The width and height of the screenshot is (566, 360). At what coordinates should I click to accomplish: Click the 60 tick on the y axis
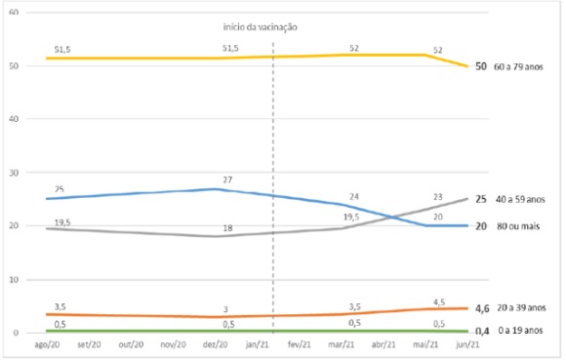(x=25, y=12)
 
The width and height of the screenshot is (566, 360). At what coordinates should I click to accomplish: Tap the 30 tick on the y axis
(x=25, y=173)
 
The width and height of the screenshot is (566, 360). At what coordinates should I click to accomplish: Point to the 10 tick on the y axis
(x=25, y=280)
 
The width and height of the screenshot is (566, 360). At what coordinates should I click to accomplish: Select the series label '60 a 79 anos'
(x=520, y=66)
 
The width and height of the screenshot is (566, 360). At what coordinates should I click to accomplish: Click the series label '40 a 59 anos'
(x=520, y=199)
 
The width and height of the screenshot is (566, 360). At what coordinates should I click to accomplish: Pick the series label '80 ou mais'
(x=518, y=225)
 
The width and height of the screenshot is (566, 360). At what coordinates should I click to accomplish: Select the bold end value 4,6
(x=481, y=308)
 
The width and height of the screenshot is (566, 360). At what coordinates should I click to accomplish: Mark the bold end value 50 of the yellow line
(x=481, y=66)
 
